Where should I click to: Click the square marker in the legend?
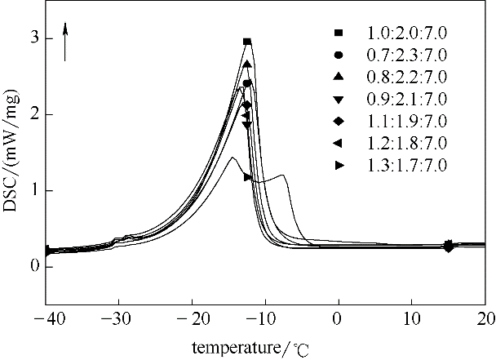point(338,33)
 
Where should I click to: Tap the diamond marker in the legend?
point(338,121)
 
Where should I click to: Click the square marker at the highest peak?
point(247,42)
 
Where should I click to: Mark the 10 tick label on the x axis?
point(412,317)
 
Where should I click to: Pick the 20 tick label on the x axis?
point(485,317)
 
